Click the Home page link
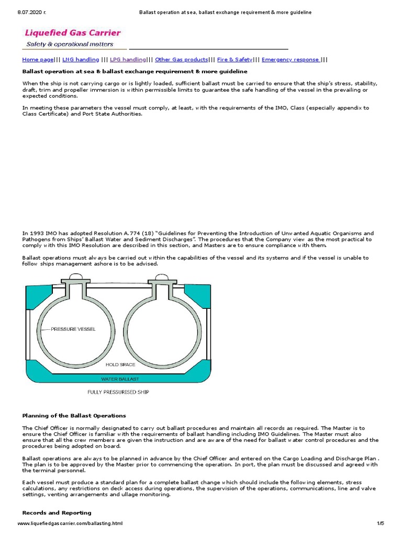[x=38, y=60]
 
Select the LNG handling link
[x=81, y=60]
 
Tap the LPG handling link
[x=128, y=60]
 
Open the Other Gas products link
[x=182, y=60]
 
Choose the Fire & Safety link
[x=234, y=60]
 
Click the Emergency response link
[x=291, y=60]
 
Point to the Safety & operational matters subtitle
[x=70, y=44]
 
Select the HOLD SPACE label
[x=120, y=364]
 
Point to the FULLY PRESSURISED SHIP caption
[x=117, y=392]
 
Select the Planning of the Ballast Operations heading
[x=74, y=416]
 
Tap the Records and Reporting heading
[x=57, y=512]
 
